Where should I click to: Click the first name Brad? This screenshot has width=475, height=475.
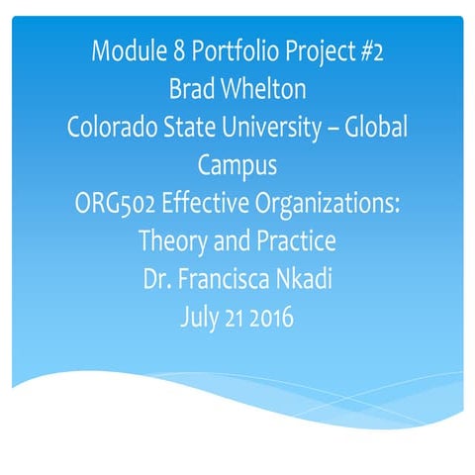[x=190, y=89]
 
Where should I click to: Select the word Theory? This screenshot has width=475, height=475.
[x=171, y=241]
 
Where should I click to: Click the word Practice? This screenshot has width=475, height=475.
[x=296, y=240]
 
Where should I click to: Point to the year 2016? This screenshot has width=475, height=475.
[x=271, y=317]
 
